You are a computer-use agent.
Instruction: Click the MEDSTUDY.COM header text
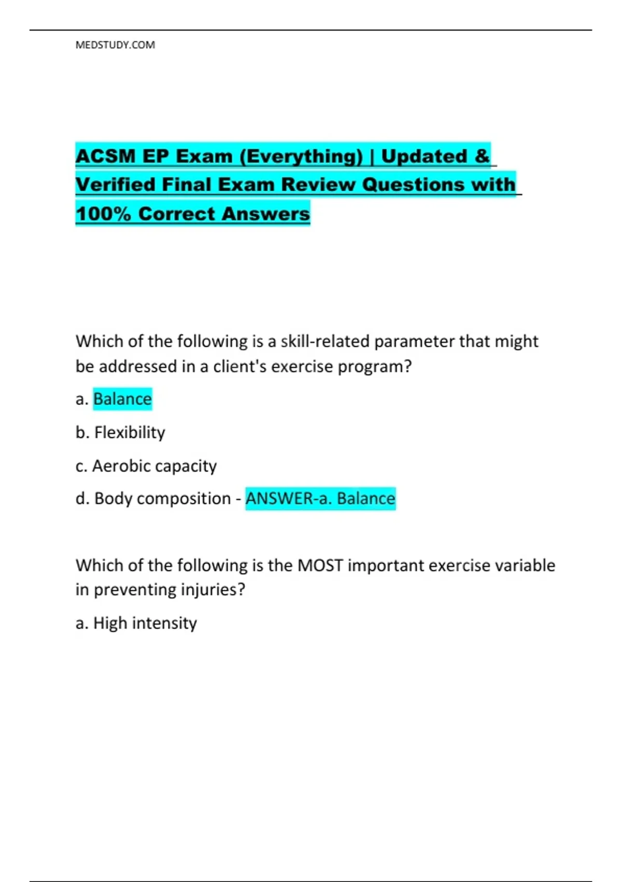pos(115,45)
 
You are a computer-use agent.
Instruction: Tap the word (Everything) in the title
pos(301,156)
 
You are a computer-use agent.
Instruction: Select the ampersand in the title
pos(482,156)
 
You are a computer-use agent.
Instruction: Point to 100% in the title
pos(103,214)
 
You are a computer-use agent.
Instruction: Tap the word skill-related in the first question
pos(325,341)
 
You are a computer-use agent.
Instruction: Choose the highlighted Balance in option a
pos(122,399)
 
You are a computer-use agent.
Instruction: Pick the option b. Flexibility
pos(120,432)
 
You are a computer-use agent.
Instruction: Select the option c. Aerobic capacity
pos(146,466)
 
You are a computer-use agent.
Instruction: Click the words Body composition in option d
pos(162,499)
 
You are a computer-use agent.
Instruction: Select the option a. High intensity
pos(136,623)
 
